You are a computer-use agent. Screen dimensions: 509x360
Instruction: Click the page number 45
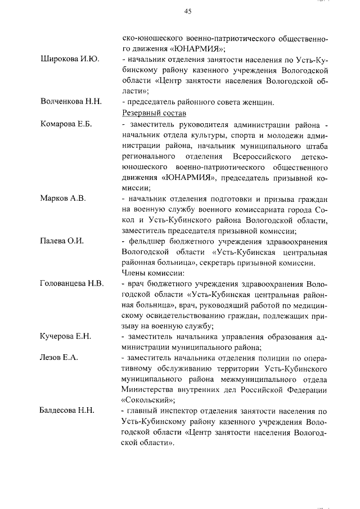pos(188,11)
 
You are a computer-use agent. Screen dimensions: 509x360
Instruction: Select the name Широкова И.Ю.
pos(68,60)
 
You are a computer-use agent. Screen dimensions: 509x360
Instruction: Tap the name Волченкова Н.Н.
pos(71,102)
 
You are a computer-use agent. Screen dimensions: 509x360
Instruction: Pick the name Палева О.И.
pos(62,241)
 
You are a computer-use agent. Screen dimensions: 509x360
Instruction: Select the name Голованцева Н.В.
pos(72,283)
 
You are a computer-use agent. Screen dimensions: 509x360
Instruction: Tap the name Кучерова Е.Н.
pos(66,336)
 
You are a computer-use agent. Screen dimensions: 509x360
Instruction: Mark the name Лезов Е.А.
pos(58,358)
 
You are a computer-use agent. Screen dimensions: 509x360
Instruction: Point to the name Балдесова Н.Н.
pos(66,411)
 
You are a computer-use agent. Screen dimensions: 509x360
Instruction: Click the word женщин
pos(257,102)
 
